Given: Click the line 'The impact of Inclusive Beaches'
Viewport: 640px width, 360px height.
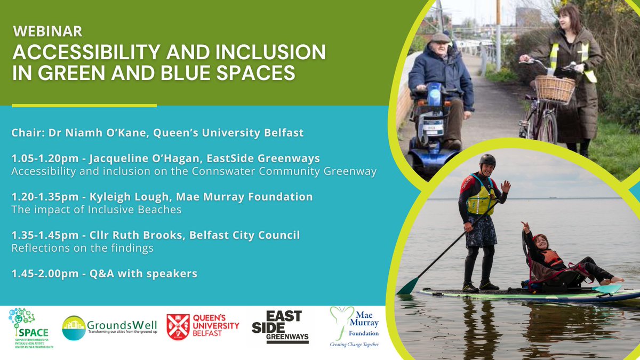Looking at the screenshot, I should click(x=96, y=210).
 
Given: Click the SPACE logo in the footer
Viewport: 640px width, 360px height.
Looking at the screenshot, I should click(x=31, y=327).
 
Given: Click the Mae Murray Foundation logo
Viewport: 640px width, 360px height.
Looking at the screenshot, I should click(x=354, y=326).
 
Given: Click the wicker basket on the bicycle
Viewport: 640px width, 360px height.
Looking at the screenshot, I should click(x=555, y=89).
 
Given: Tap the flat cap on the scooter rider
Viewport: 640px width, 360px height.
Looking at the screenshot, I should click(x=441, y=38).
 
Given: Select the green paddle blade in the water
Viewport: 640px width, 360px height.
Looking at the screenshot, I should click(x=407, y=287).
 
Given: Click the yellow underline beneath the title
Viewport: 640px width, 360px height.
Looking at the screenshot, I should click(x=84, y=106).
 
